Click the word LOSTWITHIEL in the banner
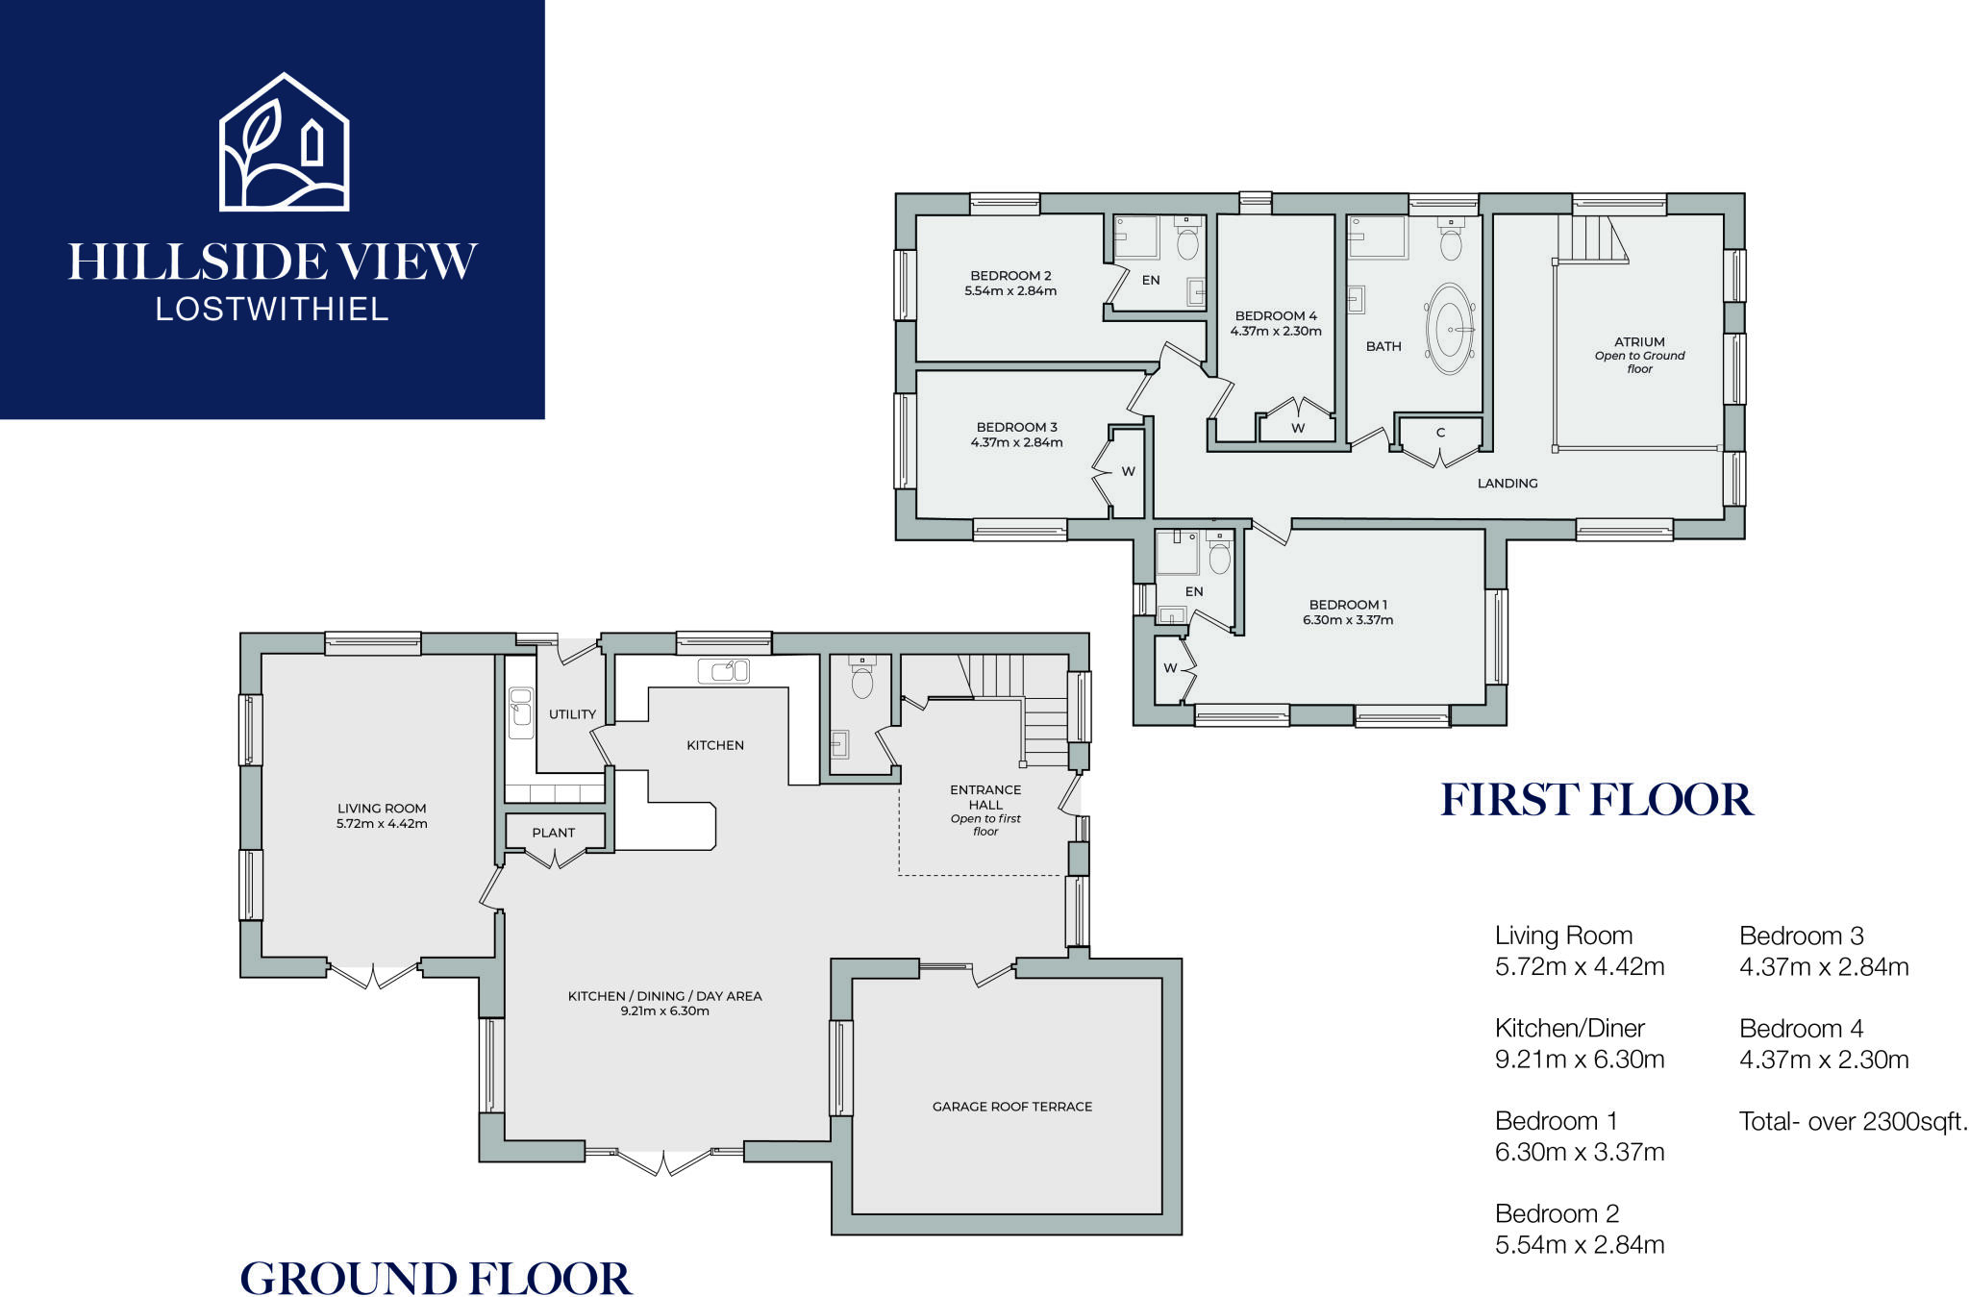[x=272, y=310]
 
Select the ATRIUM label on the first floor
[x=1639, y=342]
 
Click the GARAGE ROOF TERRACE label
[x=1011, y=1107]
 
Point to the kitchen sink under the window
[x=723, y=670]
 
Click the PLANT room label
[x=554, y=833]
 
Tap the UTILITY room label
[x=572, y=714]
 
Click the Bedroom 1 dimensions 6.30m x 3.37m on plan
[x=1347, y=620]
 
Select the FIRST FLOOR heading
[x=1596, y=801]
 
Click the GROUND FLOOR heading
[x=436, y=1279]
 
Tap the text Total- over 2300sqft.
[x=1853, y=1121]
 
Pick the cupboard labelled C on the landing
[x=1440, y=435]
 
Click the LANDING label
[x=1507, y=484]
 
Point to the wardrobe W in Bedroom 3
[x=1128, y=471]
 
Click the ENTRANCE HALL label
[x=985, y=797]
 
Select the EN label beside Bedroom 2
[x=1150, y=281]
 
